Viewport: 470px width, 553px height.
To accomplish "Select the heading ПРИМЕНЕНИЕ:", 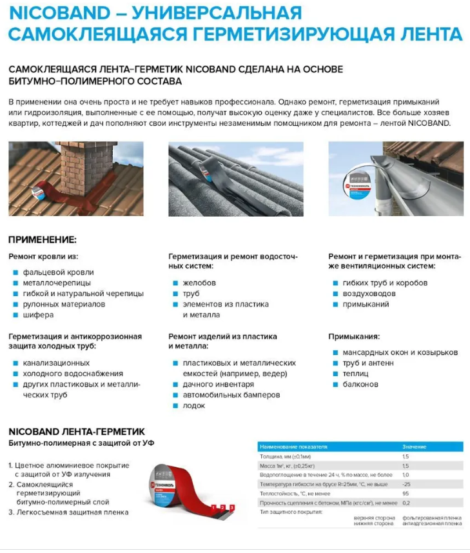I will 42,239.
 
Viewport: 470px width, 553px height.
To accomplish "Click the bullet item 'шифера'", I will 38,315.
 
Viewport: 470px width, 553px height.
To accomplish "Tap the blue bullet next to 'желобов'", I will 175,283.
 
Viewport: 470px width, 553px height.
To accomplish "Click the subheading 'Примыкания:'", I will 354,336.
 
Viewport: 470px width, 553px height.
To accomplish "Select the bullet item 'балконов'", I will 360,385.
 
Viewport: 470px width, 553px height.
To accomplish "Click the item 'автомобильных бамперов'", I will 231,395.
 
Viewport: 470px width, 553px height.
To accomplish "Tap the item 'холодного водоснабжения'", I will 72,374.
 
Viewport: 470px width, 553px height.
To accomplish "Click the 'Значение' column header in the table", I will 415,447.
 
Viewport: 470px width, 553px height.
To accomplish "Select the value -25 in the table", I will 406,483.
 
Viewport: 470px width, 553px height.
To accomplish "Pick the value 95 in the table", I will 406,493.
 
